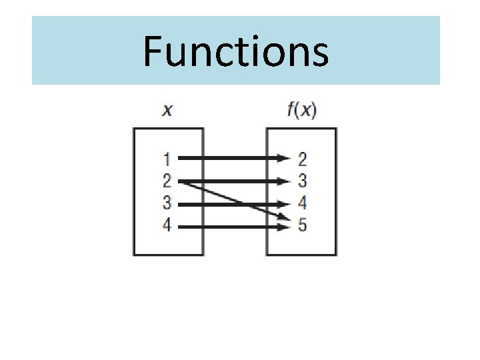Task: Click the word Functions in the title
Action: click(235, 51)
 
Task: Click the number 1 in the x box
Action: click(167, 159)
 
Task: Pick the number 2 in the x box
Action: click(167, 181)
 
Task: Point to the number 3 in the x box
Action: click(167, 203)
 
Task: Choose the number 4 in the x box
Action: click(167, 226)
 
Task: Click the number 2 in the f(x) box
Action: click(302, 159)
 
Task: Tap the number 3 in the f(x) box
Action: click(302, 181)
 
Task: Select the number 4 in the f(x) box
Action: click(302, 203)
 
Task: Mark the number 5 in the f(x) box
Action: click(302, 226)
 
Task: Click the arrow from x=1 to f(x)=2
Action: click(227, 159)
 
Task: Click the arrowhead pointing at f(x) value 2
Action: click(285, 159)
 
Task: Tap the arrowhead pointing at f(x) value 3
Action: click(285, 181)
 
